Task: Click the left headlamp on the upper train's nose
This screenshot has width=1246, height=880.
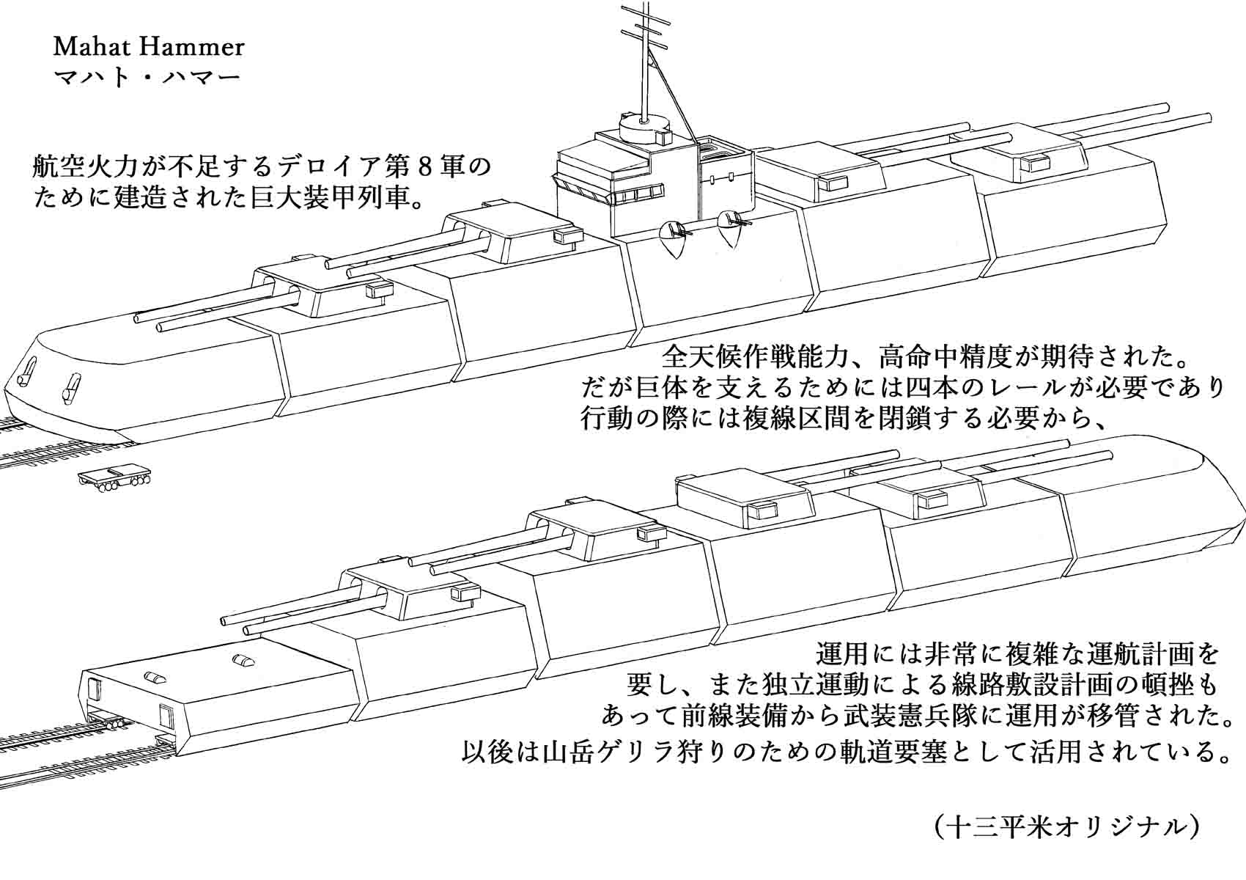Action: (x=29, y=371)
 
